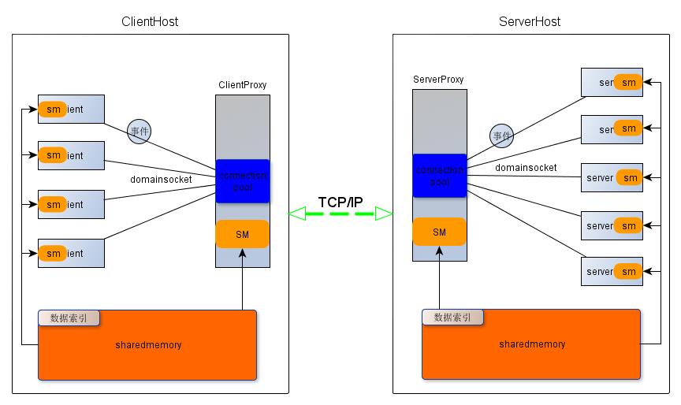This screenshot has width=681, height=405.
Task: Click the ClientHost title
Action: click(151, 21)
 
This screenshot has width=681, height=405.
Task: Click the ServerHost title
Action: click(530, 21)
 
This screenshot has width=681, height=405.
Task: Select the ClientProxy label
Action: click(242, 85)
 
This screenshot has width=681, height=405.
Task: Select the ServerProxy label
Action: click(438, 80)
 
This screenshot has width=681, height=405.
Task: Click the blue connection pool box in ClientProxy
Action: click(243, 180)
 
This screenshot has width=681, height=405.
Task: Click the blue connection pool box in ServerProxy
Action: click(439, 176)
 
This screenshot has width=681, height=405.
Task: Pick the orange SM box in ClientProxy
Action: click(243, 234)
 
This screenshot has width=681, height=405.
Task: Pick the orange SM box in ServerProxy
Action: click(439, 232)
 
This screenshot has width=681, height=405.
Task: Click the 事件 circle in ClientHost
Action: click(140, 131)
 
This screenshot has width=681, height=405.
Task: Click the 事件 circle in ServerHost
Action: click(501, 136)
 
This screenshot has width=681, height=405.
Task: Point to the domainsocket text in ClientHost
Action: click(161, 180)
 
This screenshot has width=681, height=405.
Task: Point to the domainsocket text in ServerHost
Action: click(526, 168)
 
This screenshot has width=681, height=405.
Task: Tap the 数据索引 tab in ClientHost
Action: click(69, 318)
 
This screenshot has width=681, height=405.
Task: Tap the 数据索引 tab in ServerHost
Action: click(452, 318)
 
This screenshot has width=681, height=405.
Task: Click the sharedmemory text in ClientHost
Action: click(147, 344)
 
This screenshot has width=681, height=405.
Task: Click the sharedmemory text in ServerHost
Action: click(532, 344)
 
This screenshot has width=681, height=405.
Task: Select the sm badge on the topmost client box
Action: click(53, 109)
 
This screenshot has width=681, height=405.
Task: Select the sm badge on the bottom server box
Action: click(628, 272)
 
